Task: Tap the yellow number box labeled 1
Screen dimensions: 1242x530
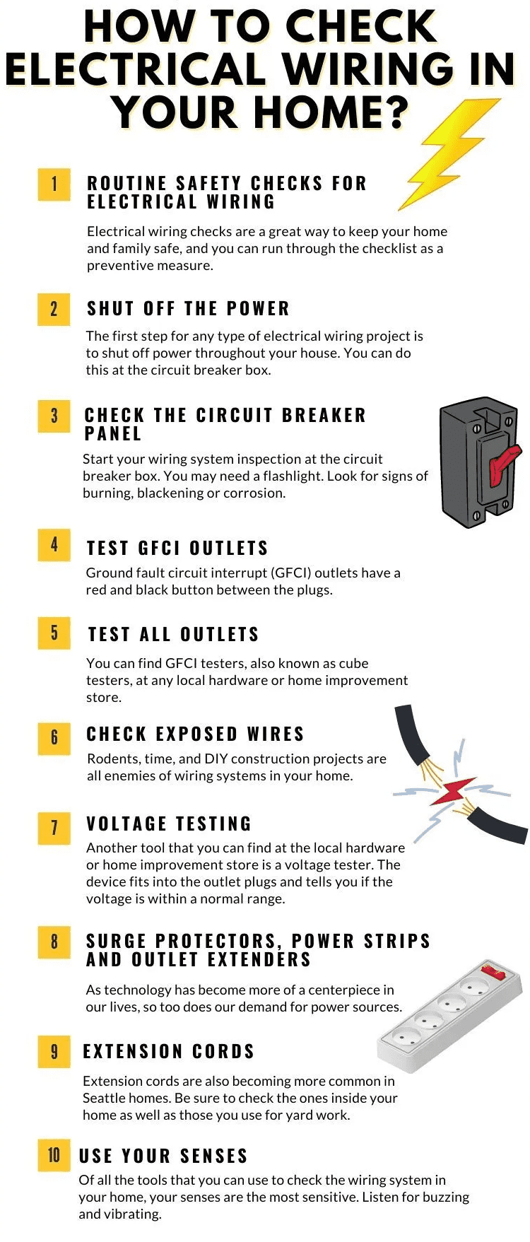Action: tap(54, 184)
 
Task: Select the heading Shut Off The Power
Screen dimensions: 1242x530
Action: tap(188, 309)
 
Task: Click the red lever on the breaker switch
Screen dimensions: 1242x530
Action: tap(505, 460)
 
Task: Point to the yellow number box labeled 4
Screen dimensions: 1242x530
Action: tap(54, 545)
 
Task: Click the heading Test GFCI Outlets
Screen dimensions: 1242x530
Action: tap(177, 549)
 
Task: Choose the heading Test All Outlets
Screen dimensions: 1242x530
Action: tap(173, 635)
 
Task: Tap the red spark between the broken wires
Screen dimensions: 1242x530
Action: tap(453, 791)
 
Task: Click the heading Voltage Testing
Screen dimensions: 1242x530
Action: tap(169, 824)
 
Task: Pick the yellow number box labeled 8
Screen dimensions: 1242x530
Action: tap(54, 942)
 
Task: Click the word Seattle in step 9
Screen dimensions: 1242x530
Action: tap(105, 1099)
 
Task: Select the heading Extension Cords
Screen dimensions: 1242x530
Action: tap(169, 1052)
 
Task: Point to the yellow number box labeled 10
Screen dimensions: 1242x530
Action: tap(54, 1156)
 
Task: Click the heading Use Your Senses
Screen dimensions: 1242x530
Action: tap(163, 1156)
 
